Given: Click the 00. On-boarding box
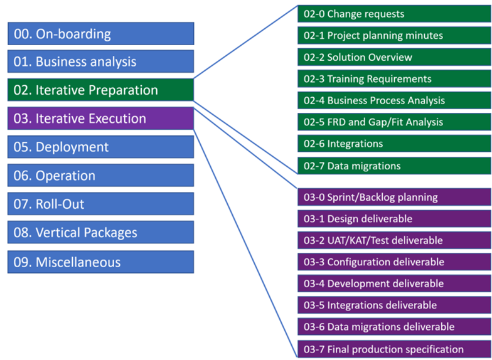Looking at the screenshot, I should coord(100,34).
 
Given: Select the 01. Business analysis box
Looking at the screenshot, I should coord(100,61).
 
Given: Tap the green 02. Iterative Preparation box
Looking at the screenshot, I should coord(100,90).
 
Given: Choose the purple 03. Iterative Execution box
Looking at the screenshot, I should coord(100,119).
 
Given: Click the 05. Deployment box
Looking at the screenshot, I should coord(100,147).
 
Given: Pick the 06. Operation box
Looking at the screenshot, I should coord(100,176).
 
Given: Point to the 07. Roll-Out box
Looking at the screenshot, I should coord(100,204).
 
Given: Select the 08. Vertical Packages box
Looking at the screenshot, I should coord(100,233).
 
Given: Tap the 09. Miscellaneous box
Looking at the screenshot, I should coord(100,262).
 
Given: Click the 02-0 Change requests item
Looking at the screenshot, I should coord(394,14).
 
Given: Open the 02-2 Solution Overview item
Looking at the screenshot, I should coord(394,57).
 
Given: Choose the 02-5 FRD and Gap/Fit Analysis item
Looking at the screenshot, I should coord(394,122).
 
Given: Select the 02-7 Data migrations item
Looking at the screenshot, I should coord(394,166).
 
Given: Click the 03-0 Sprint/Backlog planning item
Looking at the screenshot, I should coord(394,197).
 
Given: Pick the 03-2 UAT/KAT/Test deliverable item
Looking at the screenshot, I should coord(394,240).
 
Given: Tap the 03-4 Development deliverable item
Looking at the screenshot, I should coord(394,283).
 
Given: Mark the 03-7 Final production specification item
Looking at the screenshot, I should coord(394,349).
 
